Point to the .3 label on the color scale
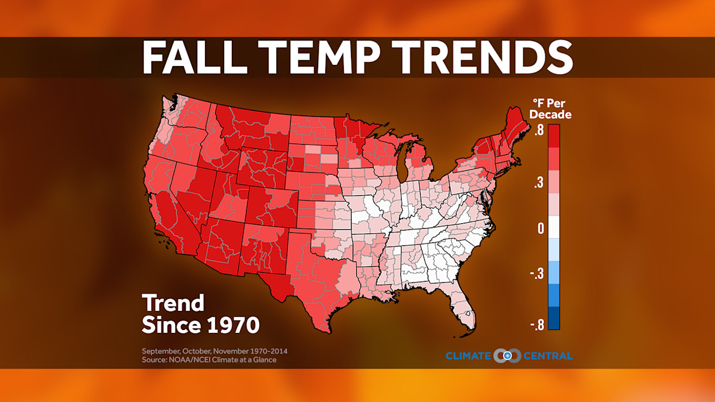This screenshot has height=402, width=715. coord(538,184)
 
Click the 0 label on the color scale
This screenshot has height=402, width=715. coord(540,229)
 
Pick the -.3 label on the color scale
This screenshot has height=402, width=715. coord(536,274)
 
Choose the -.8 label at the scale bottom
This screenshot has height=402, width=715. coord(536,325)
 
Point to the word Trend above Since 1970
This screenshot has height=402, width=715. coord(173,303)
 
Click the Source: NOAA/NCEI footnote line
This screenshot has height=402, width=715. coord(209,360)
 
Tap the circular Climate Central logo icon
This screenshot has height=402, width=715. coord(507,356)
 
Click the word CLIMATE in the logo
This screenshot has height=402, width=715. coord(468,356)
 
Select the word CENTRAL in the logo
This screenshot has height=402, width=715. coord(548,356)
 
